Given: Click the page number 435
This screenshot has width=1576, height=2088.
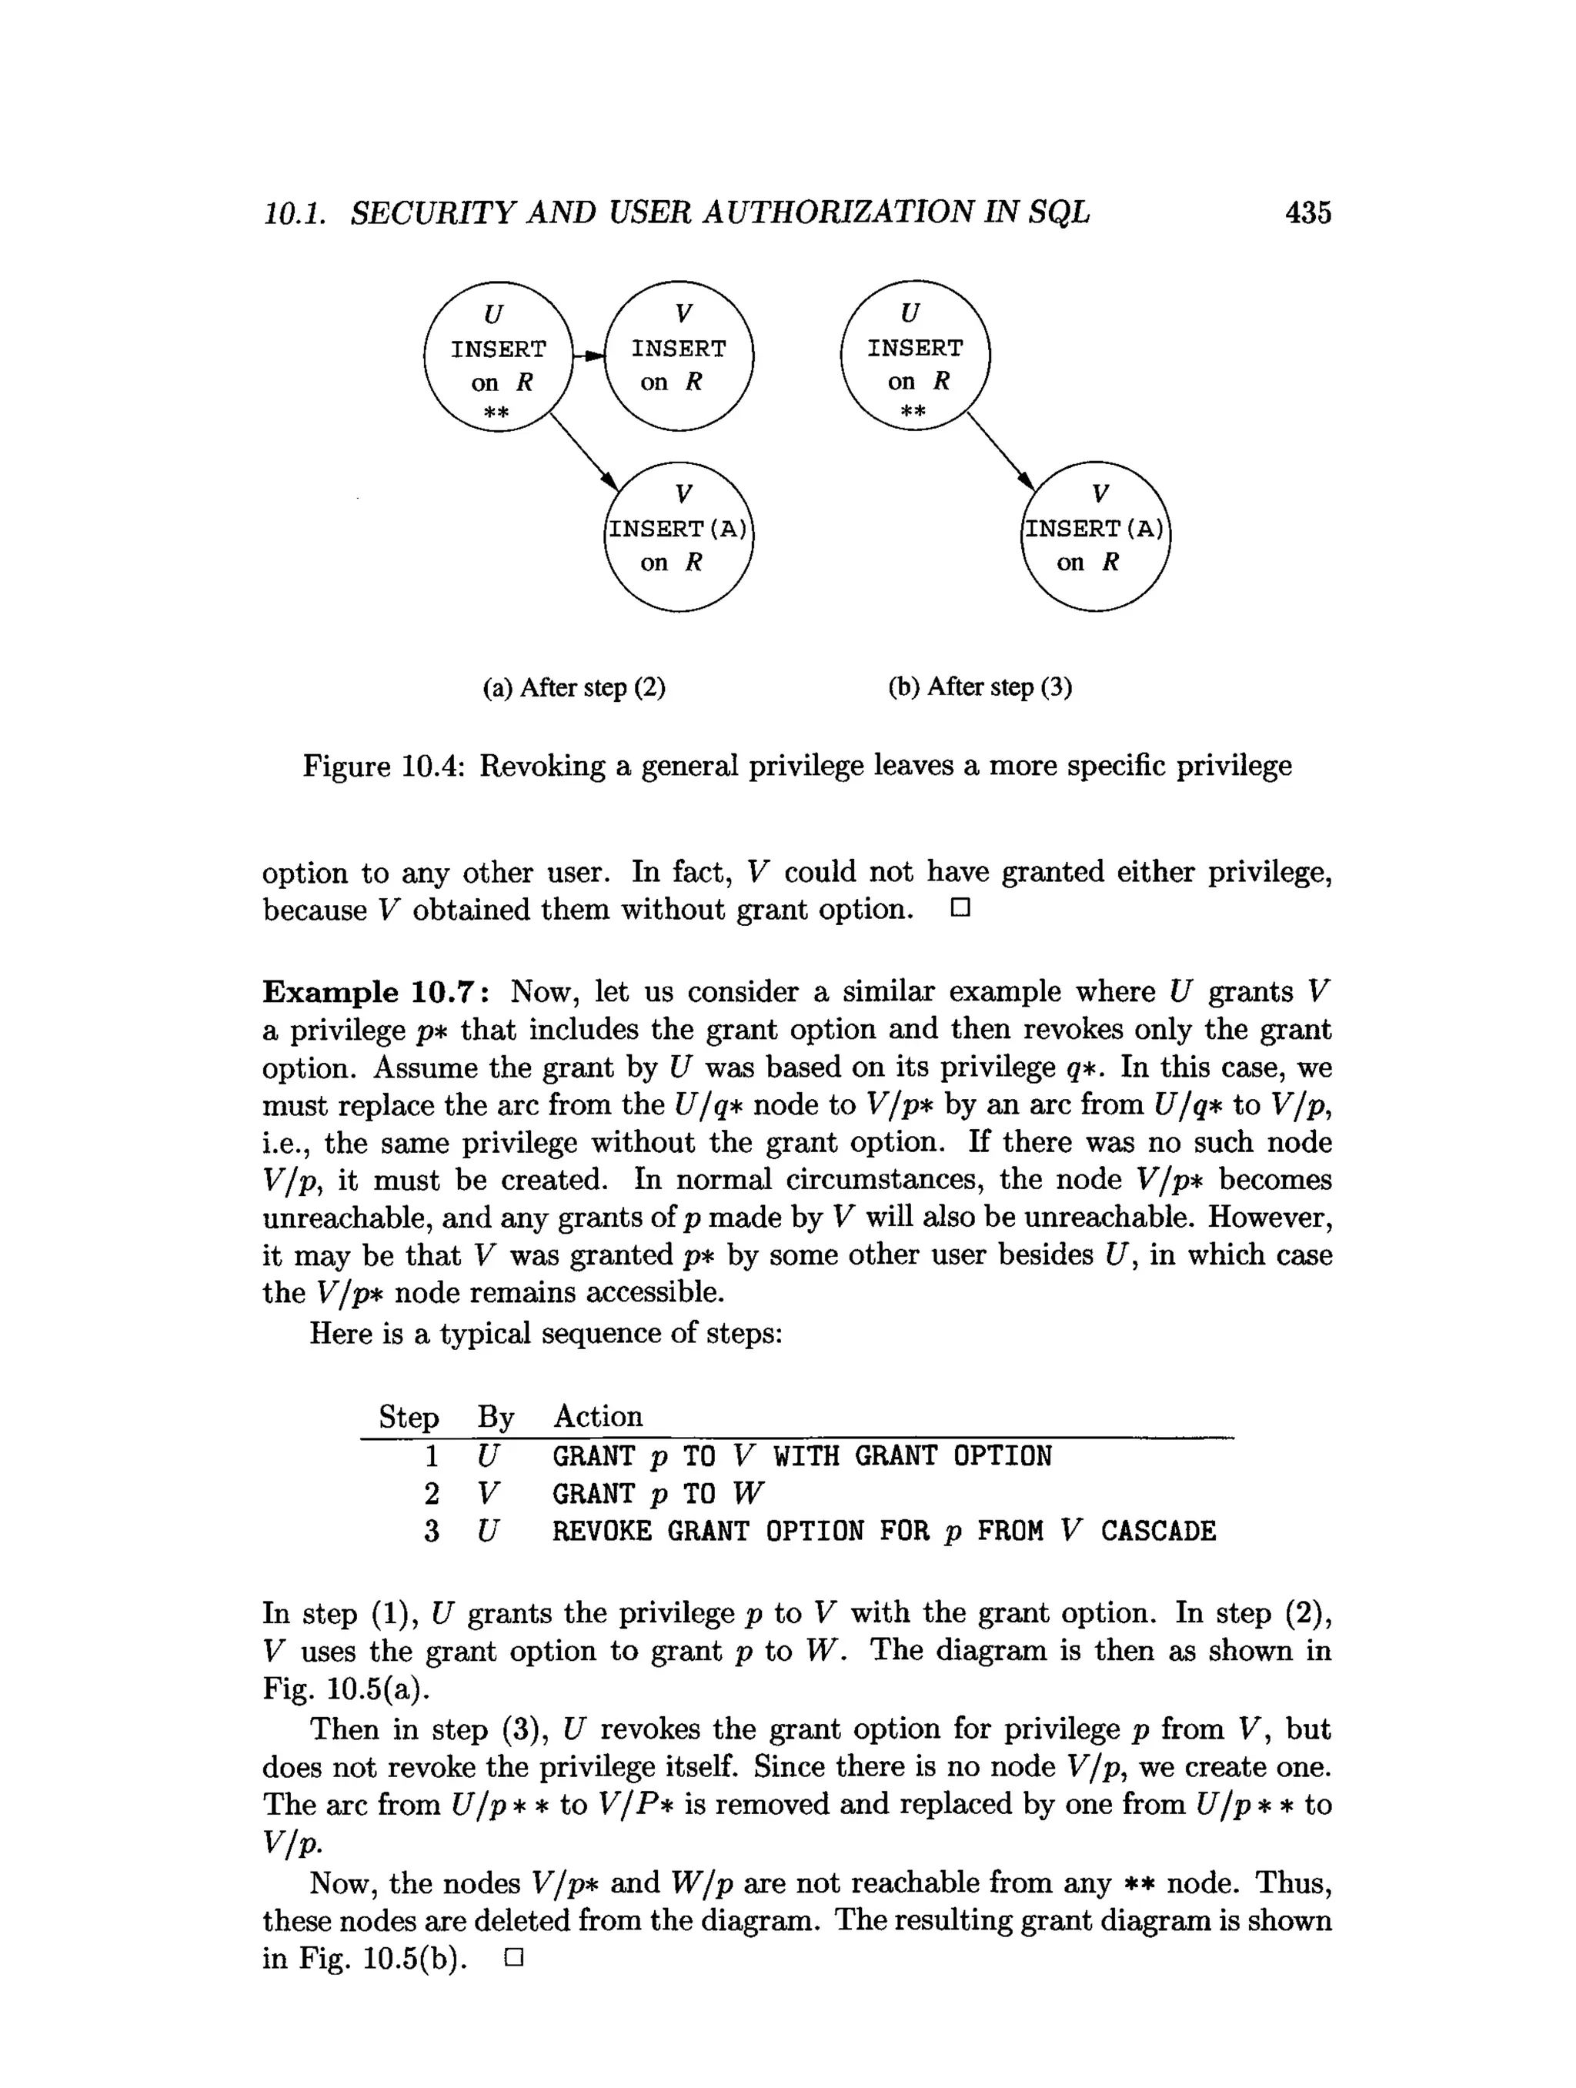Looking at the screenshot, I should pyautogui.click(x=1307, y=212).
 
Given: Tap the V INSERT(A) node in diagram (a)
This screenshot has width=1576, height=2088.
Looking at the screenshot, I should pyautogui.click(x=679, y=536).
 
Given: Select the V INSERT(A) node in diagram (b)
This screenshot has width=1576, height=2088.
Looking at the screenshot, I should pyautogui.click(x=1095, y=536).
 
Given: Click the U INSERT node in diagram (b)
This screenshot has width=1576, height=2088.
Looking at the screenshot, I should pyautogui.click(x=913, y=356).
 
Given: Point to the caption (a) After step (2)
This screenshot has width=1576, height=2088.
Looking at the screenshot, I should pyautogui.click(x=574, y=687).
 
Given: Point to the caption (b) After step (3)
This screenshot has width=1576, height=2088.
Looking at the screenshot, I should pyautogui.click(x=980, y=687).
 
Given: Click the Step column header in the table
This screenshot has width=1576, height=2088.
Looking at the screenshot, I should pyautogui.click(x=409, y=1417).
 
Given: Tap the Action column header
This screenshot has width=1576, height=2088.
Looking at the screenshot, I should pyautogui.click(x=597, y=1416).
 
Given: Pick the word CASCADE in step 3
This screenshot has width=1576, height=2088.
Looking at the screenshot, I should pyautogui.click(x=1158, y=1530).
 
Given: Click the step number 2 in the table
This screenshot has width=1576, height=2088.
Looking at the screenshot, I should pyautogui.click(x=431, y=1493).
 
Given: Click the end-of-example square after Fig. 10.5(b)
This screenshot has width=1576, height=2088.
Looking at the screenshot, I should pyautogui.click(x=513, y=1958).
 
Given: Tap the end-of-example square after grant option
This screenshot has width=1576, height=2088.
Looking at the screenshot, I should pyautogui.click(x=960, y=909).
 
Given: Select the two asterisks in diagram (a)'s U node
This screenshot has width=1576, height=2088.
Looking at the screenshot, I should pyautogui.click(x=496, y=413).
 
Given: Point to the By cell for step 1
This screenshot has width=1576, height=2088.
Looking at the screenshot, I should pyautogui.click(x=487, y=1455).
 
